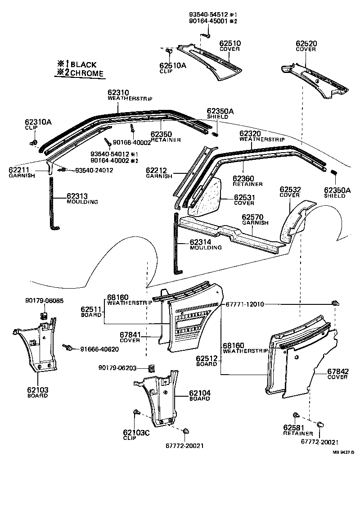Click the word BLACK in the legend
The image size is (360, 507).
pos(83,64)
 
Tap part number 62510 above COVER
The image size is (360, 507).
pos(230,44)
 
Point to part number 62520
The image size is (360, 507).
pos(306,44)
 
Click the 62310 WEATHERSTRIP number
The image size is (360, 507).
pos(118,93)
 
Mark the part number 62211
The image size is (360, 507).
pos(19,170)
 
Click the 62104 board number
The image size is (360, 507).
pos(200,393)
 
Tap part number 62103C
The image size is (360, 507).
pos(136,433)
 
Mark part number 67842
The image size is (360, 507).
pos(337,371)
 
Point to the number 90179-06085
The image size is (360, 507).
pos(44,301)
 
